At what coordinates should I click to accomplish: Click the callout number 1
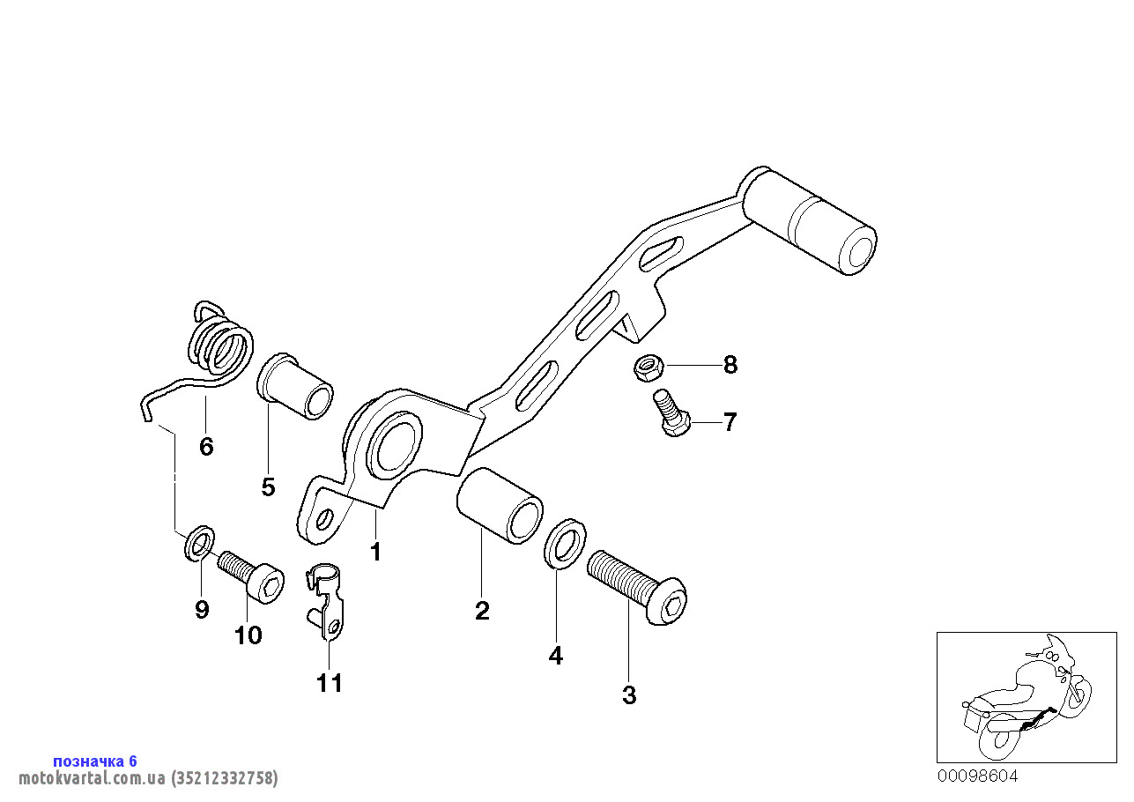coord(375,552)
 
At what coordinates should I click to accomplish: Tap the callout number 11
coord(330,683)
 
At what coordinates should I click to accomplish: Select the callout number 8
coord(730,365)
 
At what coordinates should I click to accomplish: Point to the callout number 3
coord(629,695)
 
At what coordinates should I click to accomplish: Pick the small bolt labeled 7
coord(671,412)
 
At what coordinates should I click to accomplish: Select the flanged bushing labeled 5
coord(294,386)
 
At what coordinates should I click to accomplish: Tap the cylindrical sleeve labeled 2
coord(500,505)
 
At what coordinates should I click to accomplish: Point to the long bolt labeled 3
coord(637,586)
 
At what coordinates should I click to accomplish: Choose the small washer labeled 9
coord(199,543)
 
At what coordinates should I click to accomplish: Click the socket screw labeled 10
coord(251,577)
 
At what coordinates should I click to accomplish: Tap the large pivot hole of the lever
coord(395,445)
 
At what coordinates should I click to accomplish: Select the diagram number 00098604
coord(977,776)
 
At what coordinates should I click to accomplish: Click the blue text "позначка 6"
coord(95,761)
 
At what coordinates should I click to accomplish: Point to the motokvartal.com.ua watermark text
coord(148,777)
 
